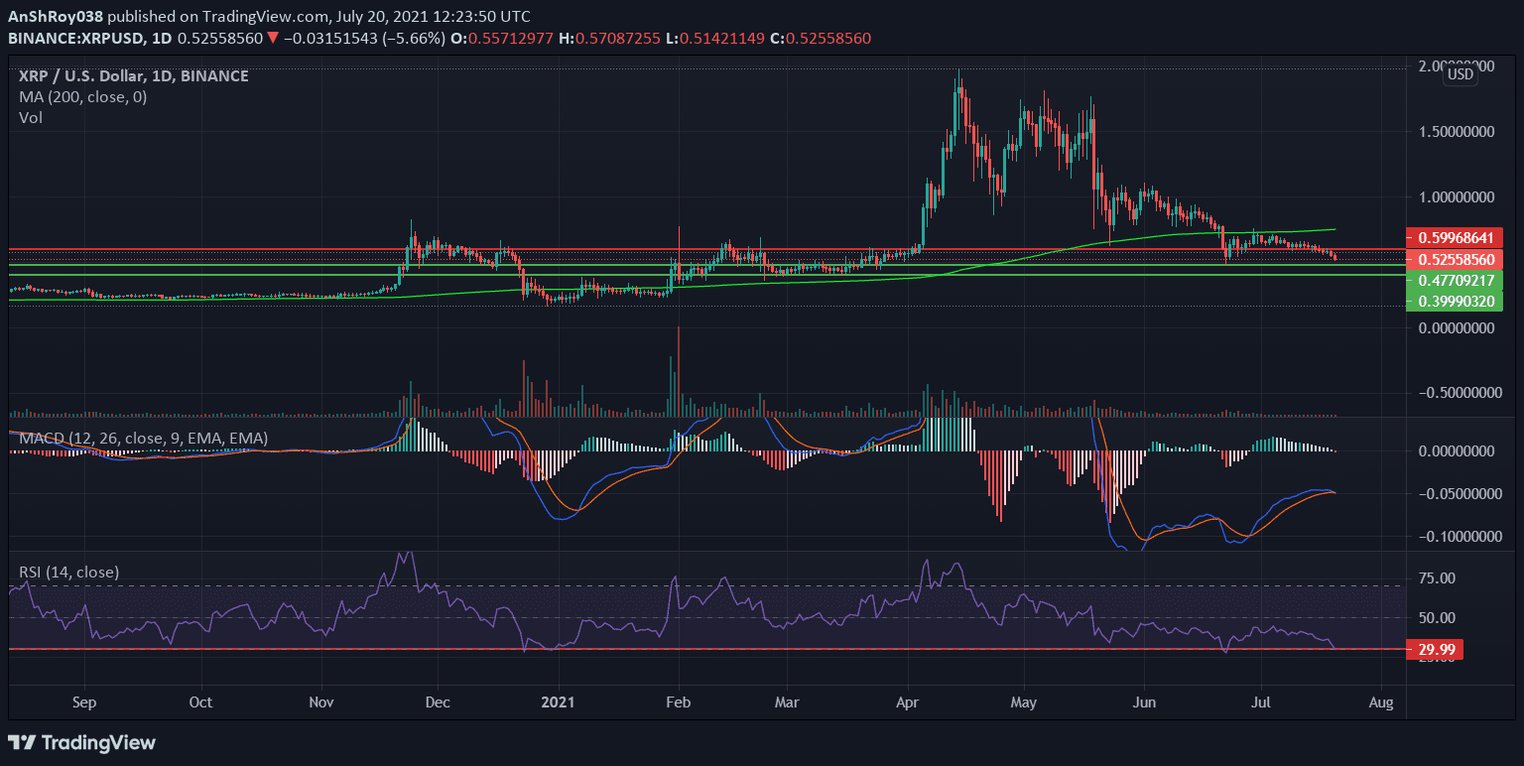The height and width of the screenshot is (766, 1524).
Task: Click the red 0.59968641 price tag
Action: pos(1455,237)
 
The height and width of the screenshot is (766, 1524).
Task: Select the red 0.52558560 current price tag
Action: pos(1455,259)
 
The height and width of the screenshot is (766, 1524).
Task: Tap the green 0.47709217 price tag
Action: pos(1455,281)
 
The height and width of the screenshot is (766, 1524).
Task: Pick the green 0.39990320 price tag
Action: pos(1455,301)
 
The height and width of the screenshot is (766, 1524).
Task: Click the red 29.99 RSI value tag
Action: pos(1435,650)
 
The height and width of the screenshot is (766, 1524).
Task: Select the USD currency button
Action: pos(1460,74)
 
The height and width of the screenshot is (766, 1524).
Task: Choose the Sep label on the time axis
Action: pos(84,702)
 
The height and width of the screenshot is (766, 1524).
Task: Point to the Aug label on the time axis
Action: pos(1380,702)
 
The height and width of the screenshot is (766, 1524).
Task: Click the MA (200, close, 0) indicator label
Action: pos(83,96)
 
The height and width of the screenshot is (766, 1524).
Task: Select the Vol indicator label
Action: pos(31,117)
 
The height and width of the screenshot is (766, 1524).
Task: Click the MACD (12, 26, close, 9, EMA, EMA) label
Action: pos(143,438)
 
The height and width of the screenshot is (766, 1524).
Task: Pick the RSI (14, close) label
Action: pos(68,573)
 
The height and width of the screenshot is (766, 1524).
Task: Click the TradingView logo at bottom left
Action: pos(81,742)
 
